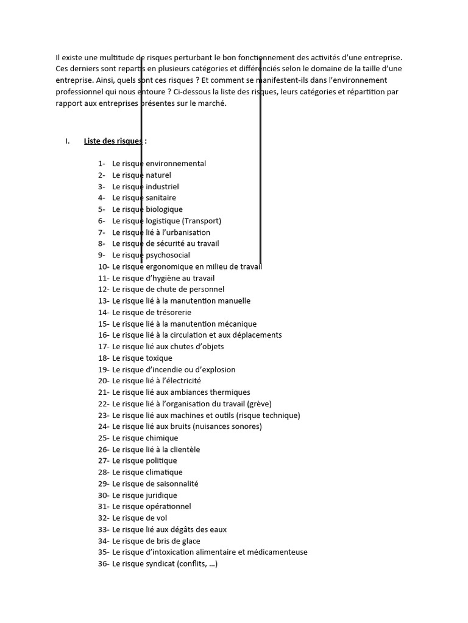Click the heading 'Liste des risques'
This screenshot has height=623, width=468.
click(x=113, y=141)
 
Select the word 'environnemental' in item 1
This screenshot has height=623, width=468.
click(x=176, y=164)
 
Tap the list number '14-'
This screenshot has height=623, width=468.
click(x=103, y=312)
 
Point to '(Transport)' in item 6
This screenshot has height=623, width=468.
click(x=202, y=221)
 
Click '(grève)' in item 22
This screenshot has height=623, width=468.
click(x=260, y=403)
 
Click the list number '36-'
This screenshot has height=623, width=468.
click(x=103, y=564)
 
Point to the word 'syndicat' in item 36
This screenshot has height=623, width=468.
click(x=161, y=564)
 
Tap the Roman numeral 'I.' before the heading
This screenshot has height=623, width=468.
click(x=68, y=141)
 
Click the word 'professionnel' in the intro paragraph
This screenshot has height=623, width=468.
click(x=78, y=92)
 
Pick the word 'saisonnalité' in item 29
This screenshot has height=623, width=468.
click(x=177, y=484)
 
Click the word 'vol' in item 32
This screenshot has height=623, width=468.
click(x=161, y=518)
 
